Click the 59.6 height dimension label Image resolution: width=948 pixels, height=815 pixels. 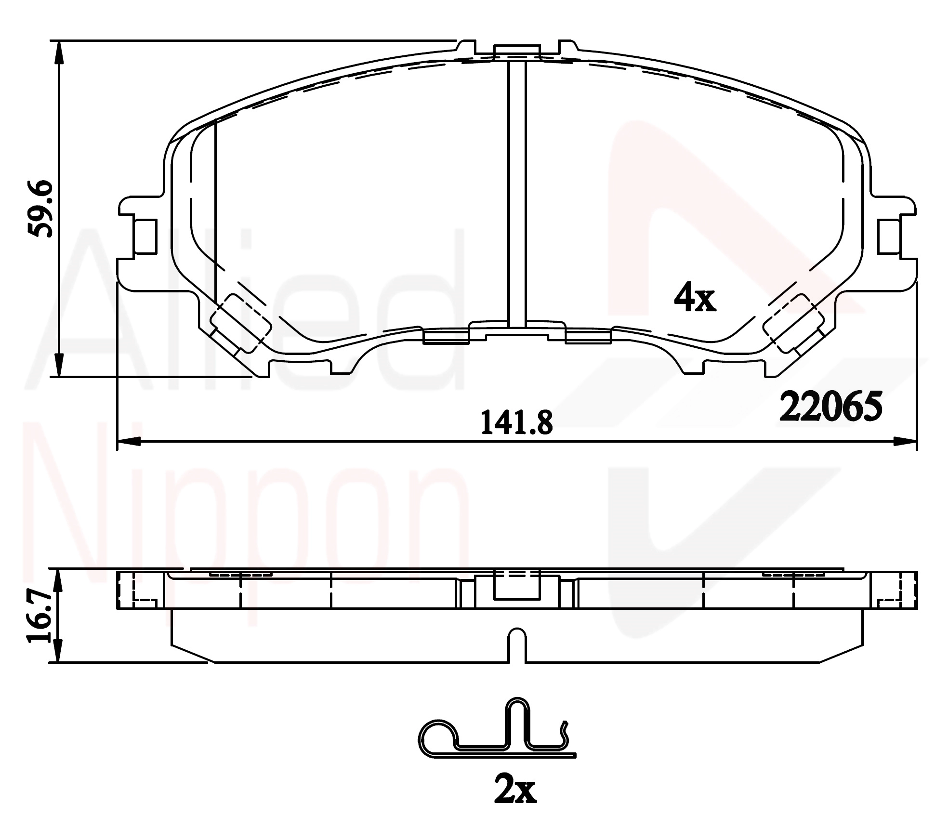40,209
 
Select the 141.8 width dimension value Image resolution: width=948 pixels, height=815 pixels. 517,423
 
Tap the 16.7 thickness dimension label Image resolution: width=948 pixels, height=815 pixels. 39,618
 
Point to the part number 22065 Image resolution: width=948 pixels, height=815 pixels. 830,406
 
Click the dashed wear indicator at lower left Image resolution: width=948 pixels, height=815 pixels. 241,324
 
